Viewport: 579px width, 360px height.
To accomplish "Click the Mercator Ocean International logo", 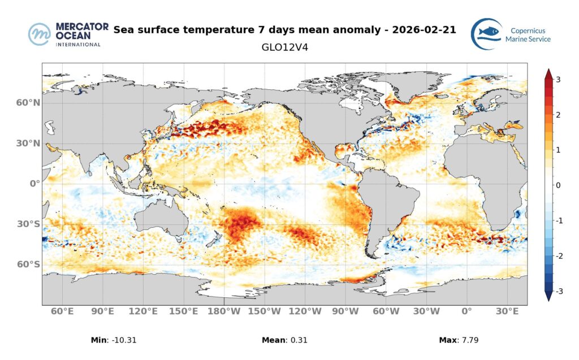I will click(x=65, y=34).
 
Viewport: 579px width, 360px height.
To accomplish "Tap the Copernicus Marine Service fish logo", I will click(x=486, y=34).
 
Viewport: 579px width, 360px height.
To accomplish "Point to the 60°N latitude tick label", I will click(x=28, y=103).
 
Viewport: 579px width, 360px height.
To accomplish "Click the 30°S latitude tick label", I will click(x=28, y=224).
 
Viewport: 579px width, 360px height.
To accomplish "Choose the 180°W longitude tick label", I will click(x=224, y=311).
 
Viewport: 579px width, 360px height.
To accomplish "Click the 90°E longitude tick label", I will click(x=103, y=311).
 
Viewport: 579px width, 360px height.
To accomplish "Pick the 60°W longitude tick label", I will click(x=386, y=311).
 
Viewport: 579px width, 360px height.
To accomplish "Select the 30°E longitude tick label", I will click(x=507, y=311).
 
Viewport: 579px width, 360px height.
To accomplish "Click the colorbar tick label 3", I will click(x=558, y=80).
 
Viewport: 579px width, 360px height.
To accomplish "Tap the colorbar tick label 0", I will click(x=558, y=185).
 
